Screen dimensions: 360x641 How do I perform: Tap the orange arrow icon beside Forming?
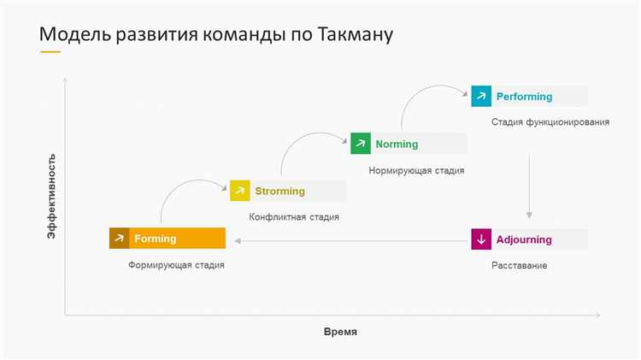pyautogui.click(x=119, y=239)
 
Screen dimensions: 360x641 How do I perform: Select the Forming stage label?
pyautogui.click(x=155, y=239)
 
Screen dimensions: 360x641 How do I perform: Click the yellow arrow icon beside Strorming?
pyautogui.click(x=240, y=191)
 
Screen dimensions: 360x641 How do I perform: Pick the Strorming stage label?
pyautogui.click(x=279, y=191)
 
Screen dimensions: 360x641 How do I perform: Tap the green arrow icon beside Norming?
pyautogui.click(x=361, y=144)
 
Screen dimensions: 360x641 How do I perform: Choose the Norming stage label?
pyautogui.click(x=397, y=144)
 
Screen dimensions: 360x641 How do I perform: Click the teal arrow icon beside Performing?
pyautogui.click(x=481, y=97)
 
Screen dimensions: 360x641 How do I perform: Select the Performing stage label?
pyautogui.click(x=524, y=97)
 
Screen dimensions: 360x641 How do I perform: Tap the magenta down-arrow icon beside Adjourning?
pyautogui.click(x=481, y=239)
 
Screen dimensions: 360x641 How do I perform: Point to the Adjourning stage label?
pyautogui.click(x=524, y=239)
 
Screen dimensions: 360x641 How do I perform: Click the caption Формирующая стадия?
pyautogui.click(x=176, y=265)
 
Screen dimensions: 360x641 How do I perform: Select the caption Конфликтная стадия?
pyautogui.click(x=294, y=217)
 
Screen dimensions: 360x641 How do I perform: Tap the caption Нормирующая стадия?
pyautogui.click(x=416, y=170)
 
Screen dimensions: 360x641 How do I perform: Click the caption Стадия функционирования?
pyautogui.click(x=550, y=122)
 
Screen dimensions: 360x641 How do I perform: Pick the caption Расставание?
pyautogui.click(x=519, y=266)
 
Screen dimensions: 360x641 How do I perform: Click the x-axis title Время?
pyautogui.click(x=339, y=332)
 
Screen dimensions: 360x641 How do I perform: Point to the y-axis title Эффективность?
pyautogui.click(x=51, y=196)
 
